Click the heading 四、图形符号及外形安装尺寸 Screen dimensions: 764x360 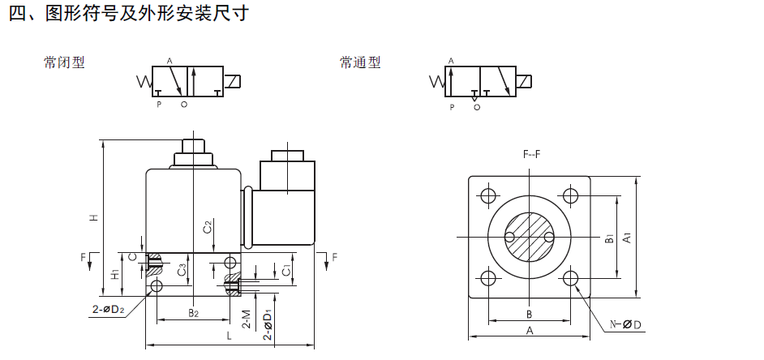(x=129, y=13)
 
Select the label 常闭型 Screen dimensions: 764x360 (x=64, y=62)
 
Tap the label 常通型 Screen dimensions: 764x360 (x=360, y=62)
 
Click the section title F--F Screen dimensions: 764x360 (x=531, y=154)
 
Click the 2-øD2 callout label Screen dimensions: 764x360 (x=108, y=309)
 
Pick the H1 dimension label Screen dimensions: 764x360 (x=115, y=275)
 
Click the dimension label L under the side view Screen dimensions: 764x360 (x=229, y=336)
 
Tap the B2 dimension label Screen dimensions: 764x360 (x=194, y=313)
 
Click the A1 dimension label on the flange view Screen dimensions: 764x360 (x=628, y=238)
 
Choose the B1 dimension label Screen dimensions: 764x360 (x=608, y=238)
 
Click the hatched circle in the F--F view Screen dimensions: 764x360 (x=529, y=238)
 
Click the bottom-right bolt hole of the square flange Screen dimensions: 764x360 (x=570, y=278)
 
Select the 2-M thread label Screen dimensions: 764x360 (x=247, y=319)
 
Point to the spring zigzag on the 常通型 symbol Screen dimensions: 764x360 (x=437, y=81)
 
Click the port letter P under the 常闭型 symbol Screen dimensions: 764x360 (x=159, y=105)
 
